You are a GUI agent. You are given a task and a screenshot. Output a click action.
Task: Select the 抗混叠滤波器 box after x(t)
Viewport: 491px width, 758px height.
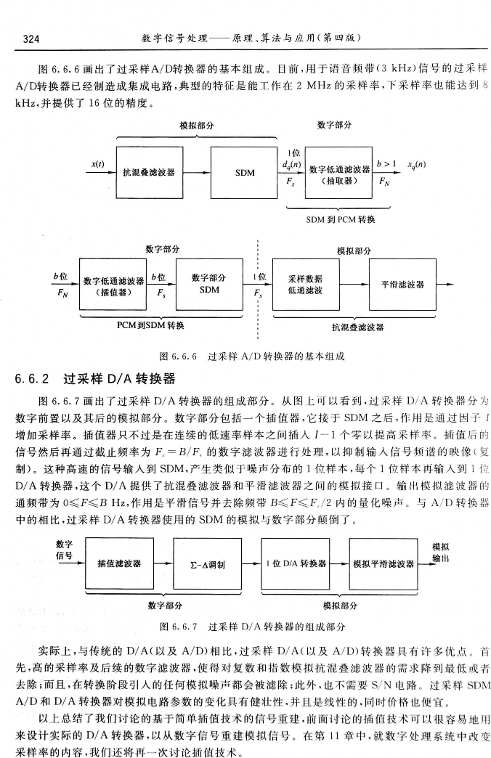(150, 173)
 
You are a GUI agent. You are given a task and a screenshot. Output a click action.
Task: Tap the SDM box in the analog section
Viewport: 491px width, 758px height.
(245, 173)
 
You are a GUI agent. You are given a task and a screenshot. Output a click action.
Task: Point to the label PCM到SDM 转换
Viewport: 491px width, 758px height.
(150, 325)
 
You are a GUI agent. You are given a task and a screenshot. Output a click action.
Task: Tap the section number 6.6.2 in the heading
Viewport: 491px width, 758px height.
(31, 379)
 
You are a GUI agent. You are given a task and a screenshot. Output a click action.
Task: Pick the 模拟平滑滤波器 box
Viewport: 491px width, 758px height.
(383, 563)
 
